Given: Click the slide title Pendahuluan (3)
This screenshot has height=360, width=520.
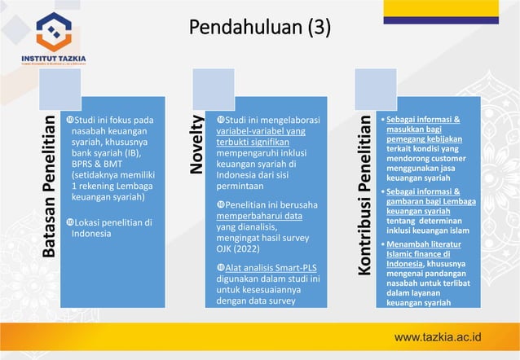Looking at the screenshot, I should pyautogui.click(x=260, y=29).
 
